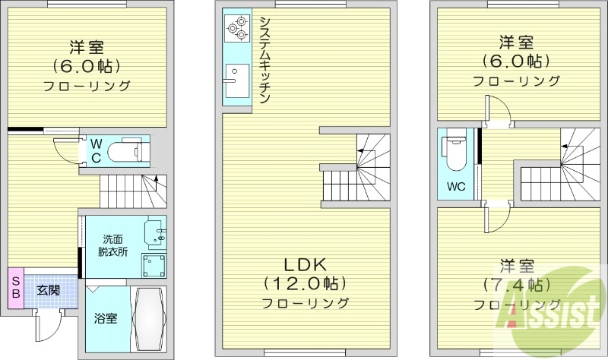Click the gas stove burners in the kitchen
pyautogui.click(x=236, y=29)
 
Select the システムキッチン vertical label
pyautogui.click(x=264, y=60)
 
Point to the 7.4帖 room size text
pyautogui.click(x=515, y=286)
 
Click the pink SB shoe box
pyautogui.click(x=15, y=288)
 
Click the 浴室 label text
pyautogui.click(x=106, y=318)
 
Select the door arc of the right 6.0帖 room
pyautogui.click(x=499, y=109)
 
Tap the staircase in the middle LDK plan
pyautogui.click(x=356, y=167)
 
